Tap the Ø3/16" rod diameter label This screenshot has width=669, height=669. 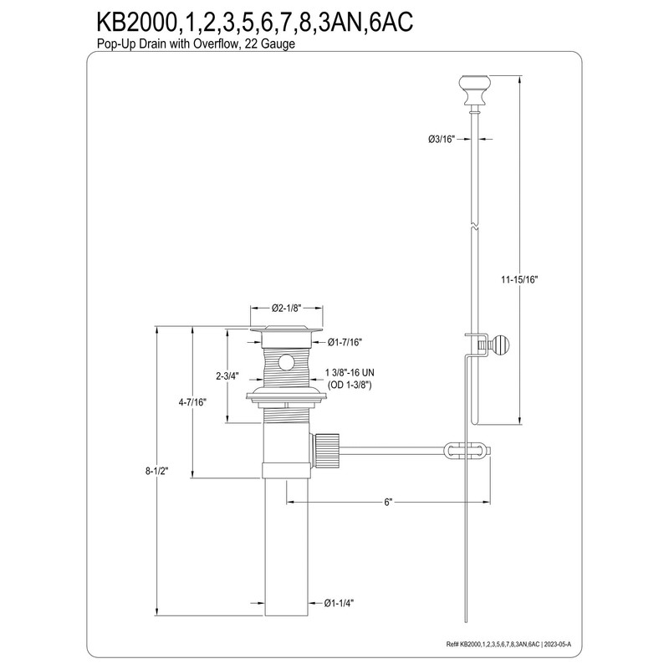click(440, 139)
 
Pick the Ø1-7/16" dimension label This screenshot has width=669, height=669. click(345, 341)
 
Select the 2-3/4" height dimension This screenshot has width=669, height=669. click(228, 376)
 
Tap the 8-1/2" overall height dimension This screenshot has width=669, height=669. click(157, 471)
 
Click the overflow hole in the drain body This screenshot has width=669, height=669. click(286, 362)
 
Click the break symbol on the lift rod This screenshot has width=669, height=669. click(475, 227)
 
